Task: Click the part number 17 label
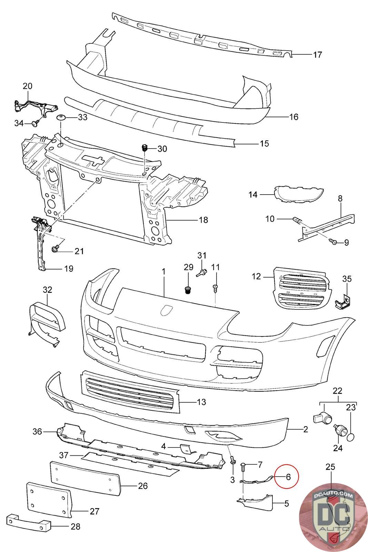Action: [x=317, y=55]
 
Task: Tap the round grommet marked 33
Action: [x=61, y=117]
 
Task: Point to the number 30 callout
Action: [x=162, y=149]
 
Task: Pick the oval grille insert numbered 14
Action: [x=299, y=194]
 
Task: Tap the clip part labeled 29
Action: [x=188, y=290]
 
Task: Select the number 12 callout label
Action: [x=256, y=276]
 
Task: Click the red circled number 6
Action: [x=288, y=476]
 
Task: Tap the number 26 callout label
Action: [x=143, y=486]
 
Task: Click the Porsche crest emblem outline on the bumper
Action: [x=166, y=309]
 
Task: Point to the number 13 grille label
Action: [x=201, y=402]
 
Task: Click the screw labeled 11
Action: [x=215, y=288]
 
